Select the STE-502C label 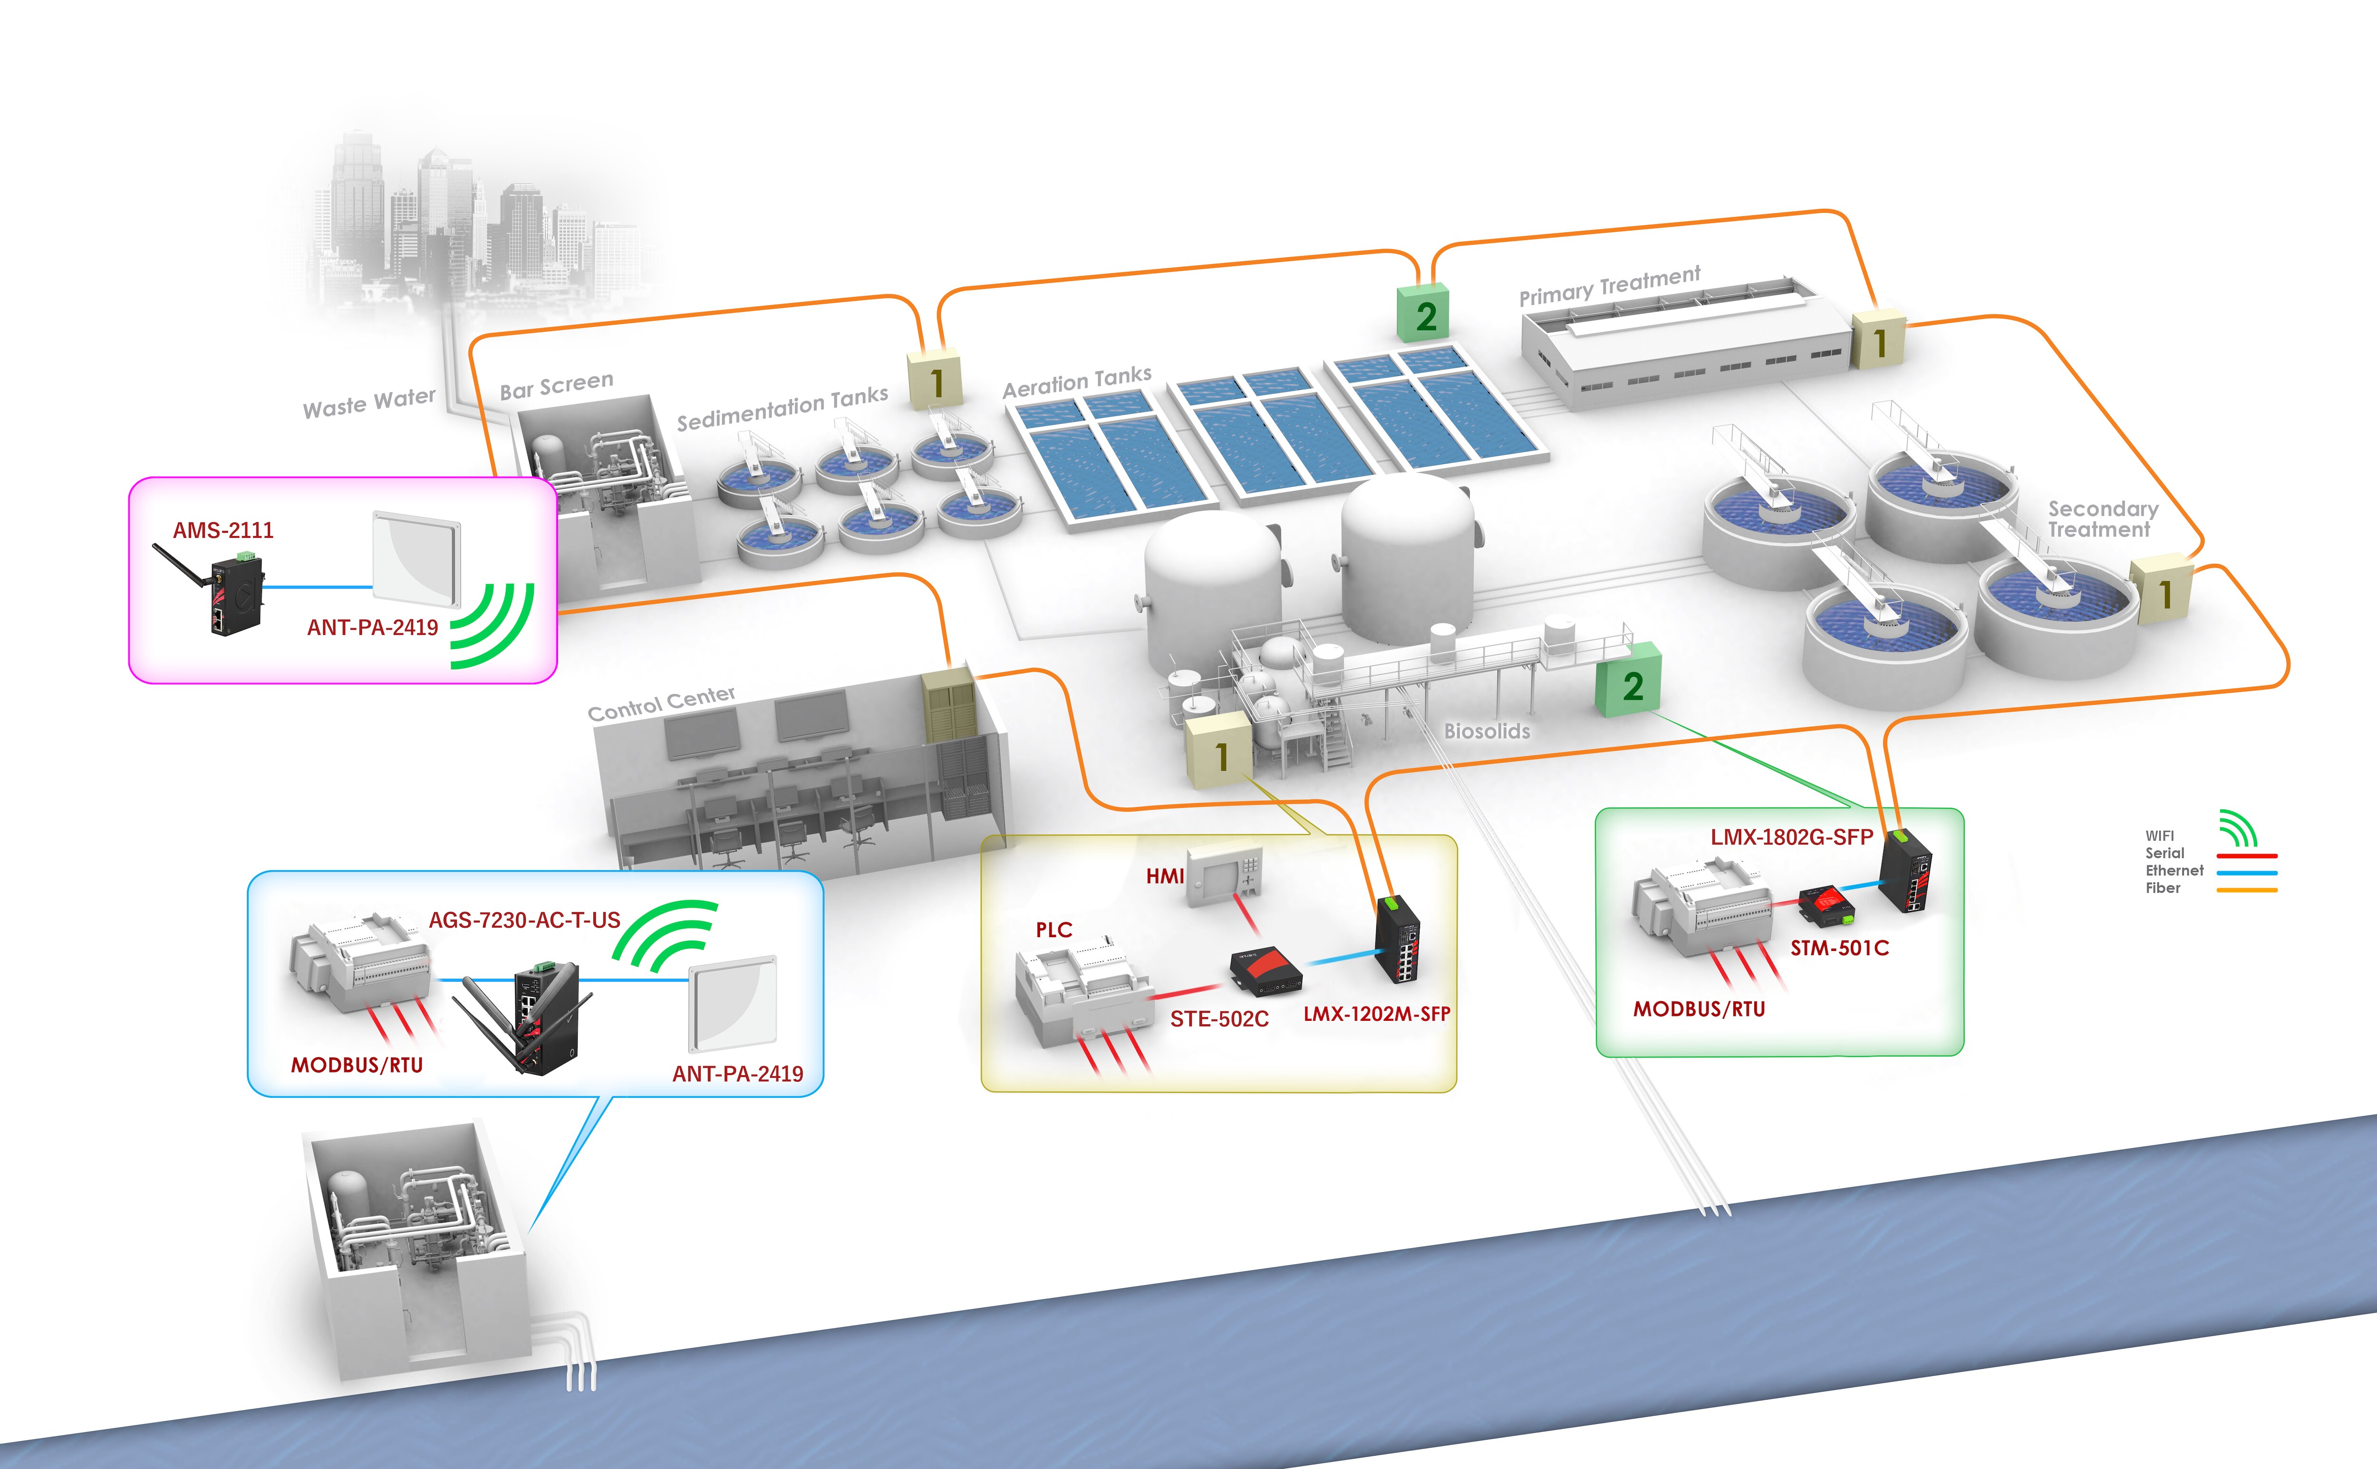pos(1218,1018)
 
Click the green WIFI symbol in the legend pos(2238,829)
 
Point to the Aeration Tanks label pos(1077,382)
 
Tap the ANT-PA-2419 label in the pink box pos(372,628)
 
